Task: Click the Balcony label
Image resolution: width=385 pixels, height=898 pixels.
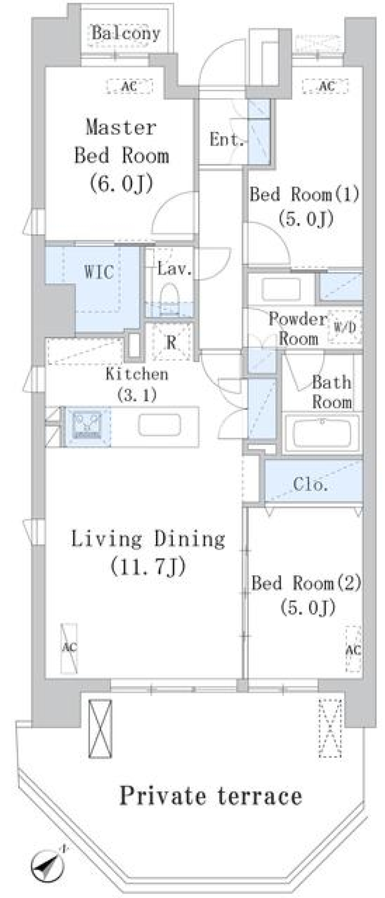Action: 126,33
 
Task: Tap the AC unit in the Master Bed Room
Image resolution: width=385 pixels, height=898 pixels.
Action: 130,86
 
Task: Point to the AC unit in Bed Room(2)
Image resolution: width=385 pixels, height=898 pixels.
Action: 353,649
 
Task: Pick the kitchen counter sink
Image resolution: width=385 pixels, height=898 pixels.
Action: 160,425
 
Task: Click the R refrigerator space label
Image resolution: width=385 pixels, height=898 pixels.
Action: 171,343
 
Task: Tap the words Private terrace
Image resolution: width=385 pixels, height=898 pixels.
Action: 211,795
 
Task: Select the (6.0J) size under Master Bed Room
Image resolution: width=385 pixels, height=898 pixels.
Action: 121,183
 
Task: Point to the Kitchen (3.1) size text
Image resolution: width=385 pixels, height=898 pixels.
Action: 137,395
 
